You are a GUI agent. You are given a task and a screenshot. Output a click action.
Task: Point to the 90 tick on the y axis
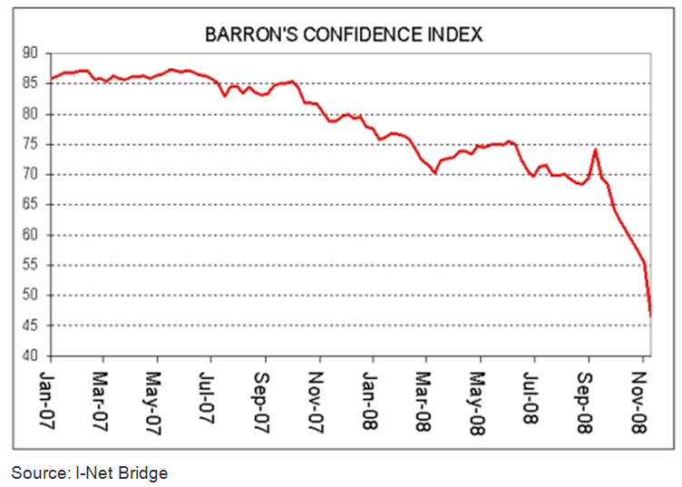[34, 54]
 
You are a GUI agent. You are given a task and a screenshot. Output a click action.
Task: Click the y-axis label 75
[34, 145]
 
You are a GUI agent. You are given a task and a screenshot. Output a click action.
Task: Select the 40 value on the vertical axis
[34, 356]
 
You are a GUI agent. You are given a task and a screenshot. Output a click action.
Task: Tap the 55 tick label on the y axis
[34, 266]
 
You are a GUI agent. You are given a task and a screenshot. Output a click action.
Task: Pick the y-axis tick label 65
[34, 205]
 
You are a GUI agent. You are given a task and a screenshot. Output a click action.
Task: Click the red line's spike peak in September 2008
[595, 150]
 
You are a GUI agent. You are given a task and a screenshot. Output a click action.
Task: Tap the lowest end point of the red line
[650, 316]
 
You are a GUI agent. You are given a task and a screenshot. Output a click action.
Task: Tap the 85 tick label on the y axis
[34, 84]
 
